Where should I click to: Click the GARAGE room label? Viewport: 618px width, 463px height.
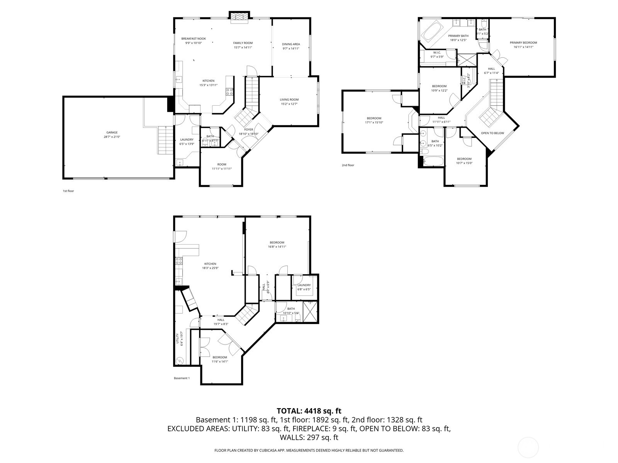[112, 132]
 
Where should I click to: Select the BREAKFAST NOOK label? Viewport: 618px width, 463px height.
[194, 39]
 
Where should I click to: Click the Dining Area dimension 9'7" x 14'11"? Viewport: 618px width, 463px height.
[291, 49]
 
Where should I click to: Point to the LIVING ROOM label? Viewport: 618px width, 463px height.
[289, 100]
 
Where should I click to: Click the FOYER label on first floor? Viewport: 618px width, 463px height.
[249, 130]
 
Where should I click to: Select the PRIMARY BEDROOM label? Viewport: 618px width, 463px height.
[523, 42]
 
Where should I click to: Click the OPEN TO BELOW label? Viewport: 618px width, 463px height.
[492, 133]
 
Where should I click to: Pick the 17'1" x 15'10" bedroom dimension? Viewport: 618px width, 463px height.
[374, 123]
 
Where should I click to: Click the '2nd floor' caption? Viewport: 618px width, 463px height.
[348, 165]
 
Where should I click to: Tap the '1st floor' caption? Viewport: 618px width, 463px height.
[68, 191]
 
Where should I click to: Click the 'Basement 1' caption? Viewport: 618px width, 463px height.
[182, 378]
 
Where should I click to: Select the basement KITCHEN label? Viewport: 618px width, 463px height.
[210, 264]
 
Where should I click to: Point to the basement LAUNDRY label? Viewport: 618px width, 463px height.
[304, 285]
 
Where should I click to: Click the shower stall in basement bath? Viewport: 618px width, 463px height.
[310, 312]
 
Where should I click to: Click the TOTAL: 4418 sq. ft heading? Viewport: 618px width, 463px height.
[309, 411]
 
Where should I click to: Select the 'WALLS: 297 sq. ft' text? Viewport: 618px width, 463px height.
[309, 438]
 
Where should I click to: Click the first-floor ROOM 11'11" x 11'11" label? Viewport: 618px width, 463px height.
[222, 164]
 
